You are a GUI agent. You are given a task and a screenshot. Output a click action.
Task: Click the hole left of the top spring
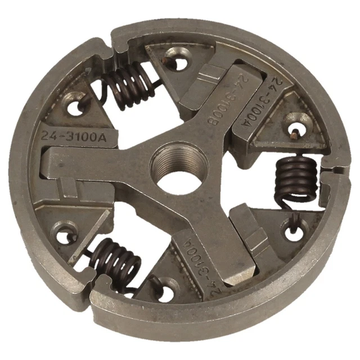74,105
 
